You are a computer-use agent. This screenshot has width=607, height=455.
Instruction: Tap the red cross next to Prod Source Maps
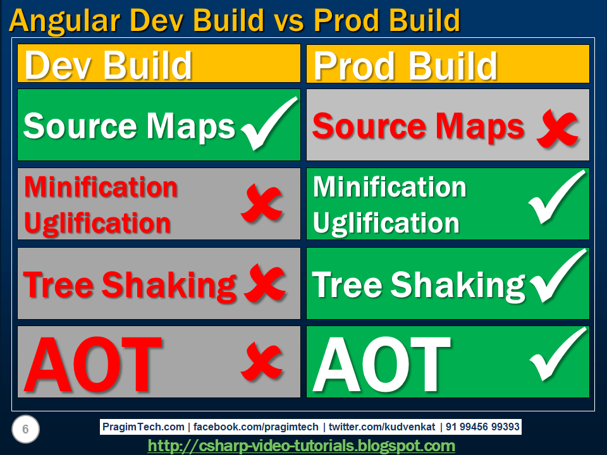pyautogui.click(x=557, y=129)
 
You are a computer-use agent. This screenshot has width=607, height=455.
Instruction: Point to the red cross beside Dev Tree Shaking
pyautogui.click(x=264, y=284)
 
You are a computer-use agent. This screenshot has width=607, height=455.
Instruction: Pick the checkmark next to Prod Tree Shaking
pyautogui.click(x=556, y=278)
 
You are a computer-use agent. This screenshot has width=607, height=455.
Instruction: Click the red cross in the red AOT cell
pyautogui.click(x=261, y=362)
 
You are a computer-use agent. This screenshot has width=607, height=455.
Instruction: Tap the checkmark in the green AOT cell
pyautogui.click(x=556, y=357)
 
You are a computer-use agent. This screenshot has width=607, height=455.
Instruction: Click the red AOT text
pyautogui.click(x=93, y=363)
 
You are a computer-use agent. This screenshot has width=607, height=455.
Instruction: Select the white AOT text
pyautogui.click(x=382, y=363)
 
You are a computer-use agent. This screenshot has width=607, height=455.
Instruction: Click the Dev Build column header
pyautogui.click(x=107, y=64)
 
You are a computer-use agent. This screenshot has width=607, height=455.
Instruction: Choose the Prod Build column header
pyautogui.click(x=405, y=64)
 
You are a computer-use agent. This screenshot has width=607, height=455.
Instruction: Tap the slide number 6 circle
pyautogui.click(x=25, y=430)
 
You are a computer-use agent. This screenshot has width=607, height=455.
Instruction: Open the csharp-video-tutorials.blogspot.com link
pyautogui.click(x=301, y=446)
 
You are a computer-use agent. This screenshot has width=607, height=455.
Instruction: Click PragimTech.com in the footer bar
pyautogui.click(x=144, y=427)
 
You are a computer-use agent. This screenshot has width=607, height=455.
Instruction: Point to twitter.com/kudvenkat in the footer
pyautogui.click(x=381, y=427)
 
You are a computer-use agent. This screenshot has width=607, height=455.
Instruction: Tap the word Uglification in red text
pyautogui.click(x=97, y=223)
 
